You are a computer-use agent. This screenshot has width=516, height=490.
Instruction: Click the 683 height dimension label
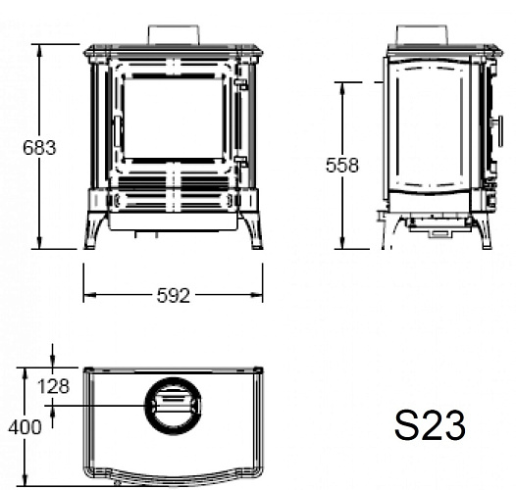click(x=39, y=147)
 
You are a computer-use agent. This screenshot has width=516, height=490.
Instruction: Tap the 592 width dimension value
click(x=174, y=295)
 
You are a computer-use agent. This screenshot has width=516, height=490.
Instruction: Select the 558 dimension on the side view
click(x=342, y=165)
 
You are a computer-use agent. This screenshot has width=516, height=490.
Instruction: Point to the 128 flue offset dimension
click(x=54, y=386)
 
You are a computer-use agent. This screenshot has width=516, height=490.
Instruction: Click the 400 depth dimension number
click(x=25, y=427)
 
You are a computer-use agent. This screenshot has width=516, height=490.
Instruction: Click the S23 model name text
click(x=430, y=425)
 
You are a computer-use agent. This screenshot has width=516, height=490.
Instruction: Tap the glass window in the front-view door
click(x=174, y=119)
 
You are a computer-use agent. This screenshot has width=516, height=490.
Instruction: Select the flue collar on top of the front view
click(x=174, y=34)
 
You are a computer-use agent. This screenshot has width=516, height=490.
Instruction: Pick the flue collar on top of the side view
click(x=422, y=34)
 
